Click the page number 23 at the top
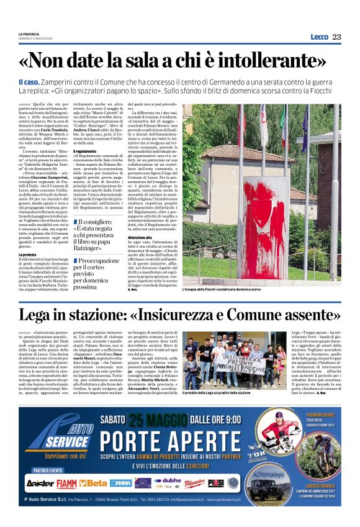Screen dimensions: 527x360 [x=336, y=37]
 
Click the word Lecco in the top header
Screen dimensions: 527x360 [x=318, y=37]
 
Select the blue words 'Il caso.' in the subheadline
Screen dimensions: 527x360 [x=29, y=81]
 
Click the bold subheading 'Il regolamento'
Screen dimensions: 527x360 [x=86, y=151]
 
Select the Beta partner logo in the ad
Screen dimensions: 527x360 [x=93, y=482]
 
